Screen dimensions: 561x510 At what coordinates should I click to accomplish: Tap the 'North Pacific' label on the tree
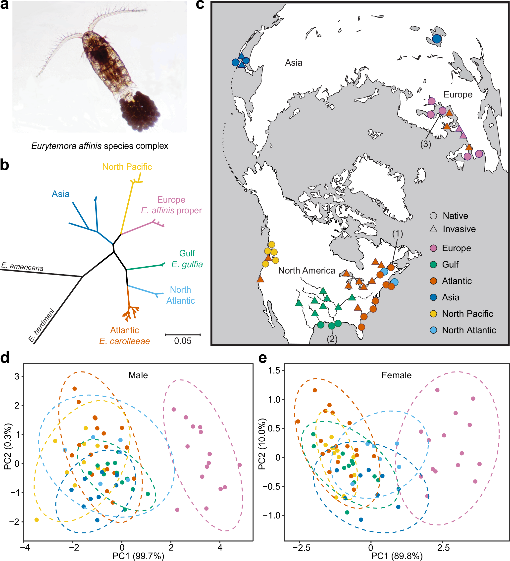(127, 167)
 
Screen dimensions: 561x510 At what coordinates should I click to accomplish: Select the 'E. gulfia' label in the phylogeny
(187, 264)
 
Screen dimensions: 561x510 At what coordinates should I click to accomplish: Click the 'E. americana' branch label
(22, 267)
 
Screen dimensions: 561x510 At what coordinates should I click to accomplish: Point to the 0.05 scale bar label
(183, 341)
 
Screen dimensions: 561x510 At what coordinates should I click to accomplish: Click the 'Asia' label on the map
(293, 63)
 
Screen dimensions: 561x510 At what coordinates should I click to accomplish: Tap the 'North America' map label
(306, 271)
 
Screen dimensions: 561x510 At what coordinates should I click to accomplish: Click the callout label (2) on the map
(332, 339)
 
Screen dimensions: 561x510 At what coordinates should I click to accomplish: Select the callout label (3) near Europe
(425, 144)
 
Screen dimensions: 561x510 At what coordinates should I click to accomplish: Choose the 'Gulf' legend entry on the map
(450, 264)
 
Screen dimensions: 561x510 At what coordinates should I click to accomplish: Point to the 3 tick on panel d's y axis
(17, 376)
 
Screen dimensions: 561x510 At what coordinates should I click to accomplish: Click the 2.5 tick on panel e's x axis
(443, 548)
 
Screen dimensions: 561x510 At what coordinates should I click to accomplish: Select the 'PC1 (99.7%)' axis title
(138, 556)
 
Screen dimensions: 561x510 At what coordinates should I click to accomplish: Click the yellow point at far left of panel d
(37, 520)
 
